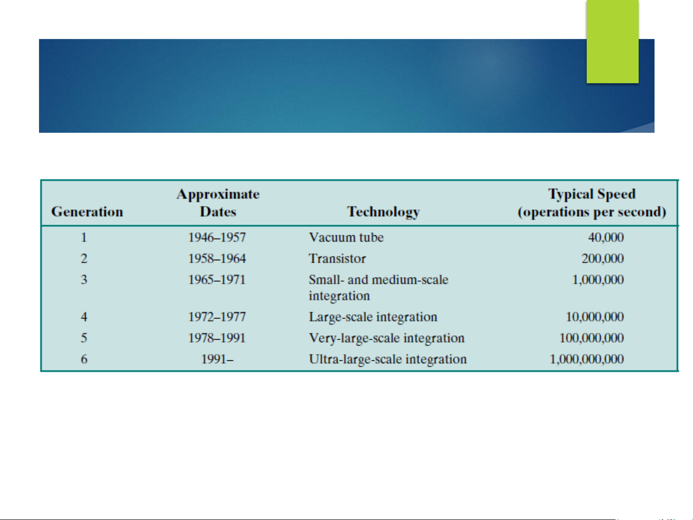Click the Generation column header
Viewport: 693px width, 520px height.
point(87,212)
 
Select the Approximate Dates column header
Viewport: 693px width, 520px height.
point(218,203)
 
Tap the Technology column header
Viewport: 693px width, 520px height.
point(383,212)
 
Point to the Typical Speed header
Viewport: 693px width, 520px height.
point(592,203)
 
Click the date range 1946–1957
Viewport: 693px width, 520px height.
point(217,238)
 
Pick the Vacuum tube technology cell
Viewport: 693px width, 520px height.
point(346,237)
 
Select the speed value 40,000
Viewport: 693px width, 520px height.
point(606,238)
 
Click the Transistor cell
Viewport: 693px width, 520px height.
point(337,259)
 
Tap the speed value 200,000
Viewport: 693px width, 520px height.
point(603,259)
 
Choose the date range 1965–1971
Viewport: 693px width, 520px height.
point(217,280)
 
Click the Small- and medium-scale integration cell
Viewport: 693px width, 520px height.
point(378,288)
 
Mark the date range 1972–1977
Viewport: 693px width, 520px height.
point(217,317)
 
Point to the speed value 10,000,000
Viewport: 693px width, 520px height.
point(595,317)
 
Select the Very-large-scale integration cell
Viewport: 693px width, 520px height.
point(387,338)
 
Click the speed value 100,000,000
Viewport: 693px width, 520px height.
point(592,338)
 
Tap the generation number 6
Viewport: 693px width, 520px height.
point(84,359)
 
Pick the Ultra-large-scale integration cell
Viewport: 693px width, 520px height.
point(388,359)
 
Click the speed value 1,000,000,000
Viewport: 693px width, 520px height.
point(587,359)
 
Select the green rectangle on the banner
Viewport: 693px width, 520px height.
point(613,41)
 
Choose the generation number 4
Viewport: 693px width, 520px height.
point(84,317)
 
